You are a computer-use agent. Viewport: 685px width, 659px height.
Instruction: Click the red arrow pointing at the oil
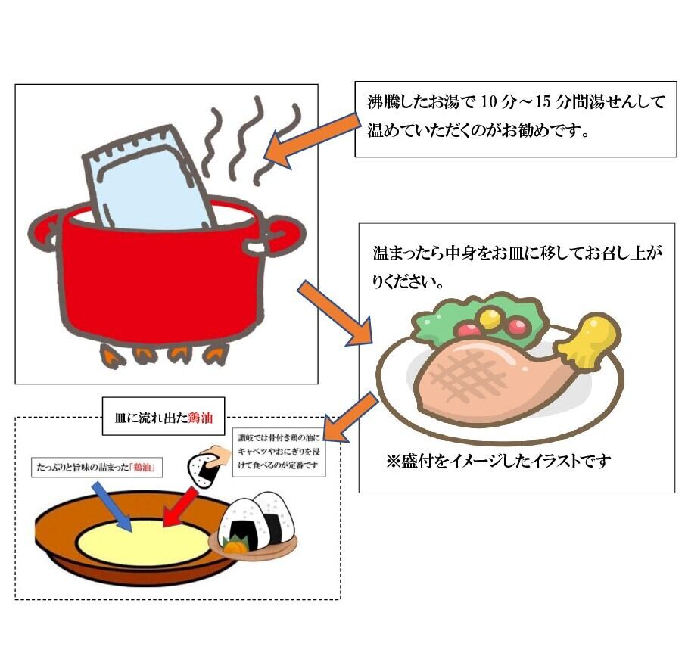(180, 507)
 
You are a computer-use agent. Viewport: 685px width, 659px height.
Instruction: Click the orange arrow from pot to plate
(335, 313)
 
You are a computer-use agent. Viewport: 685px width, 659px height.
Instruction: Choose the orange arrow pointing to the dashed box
(350, 418)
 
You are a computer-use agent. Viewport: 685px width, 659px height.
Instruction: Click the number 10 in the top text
(489, 102)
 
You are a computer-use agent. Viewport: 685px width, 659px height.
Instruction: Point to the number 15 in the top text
(543, 102)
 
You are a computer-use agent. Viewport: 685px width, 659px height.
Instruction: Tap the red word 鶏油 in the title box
(201, 418)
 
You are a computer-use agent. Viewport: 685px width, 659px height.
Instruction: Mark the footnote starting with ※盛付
(498, 462)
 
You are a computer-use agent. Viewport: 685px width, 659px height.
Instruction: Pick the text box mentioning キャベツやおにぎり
(279, 452)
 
